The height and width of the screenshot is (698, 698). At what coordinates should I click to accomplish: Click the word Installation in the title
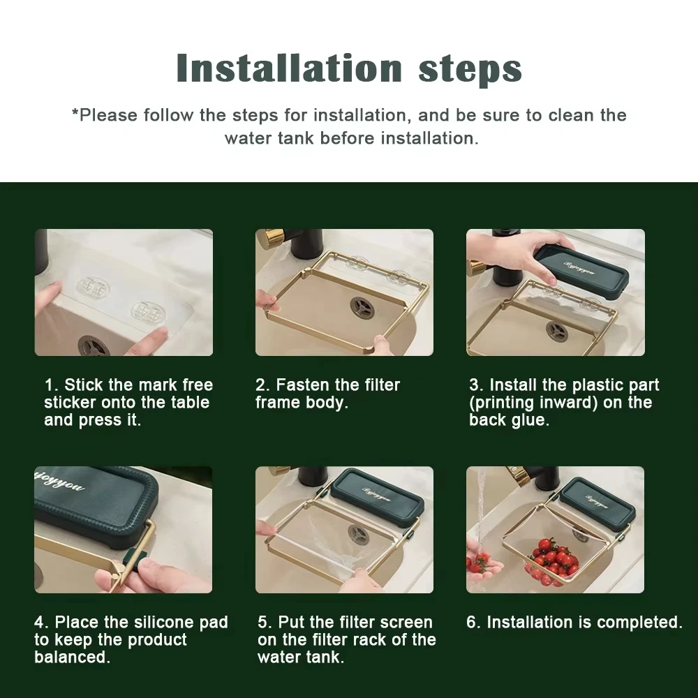click(290, 68)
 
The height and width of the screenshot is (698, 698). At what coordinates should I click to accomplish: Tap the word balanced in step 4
click(72, 657)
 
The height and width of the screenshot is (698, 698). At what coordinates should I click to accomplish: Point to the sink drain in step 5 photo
click(358, 533)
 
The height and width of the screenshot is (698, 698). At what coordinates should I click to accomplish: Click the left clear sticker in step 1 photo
click(94, 287)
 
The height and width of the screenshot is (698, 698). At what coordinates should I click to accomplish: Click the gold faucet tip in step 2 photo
click(272, 235)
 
